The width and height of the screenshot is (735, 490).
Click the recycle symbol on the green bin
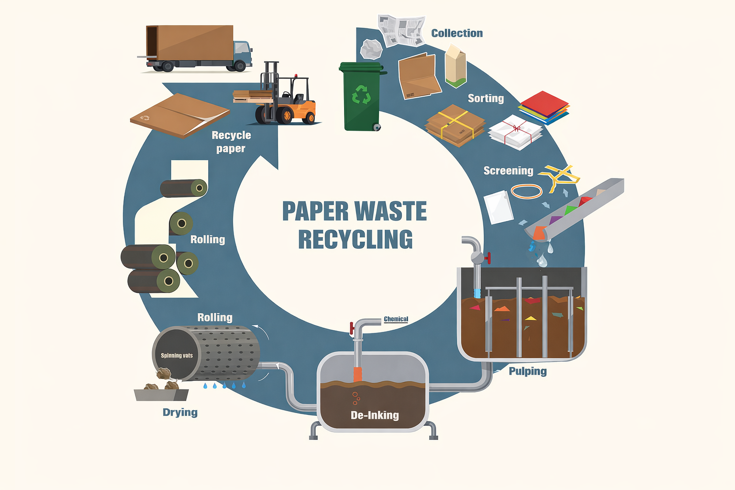(361, 94)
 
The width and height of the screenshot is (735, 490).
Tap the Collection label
(457, 33)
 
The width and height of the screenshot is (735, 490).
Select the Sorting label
(486, 98)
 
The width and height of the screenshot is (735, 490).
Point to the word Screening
(508, 171)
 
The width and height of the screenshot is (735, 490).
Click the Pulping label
(527, 371)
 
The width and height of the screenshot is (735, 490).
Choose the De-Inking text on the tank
(375, 415)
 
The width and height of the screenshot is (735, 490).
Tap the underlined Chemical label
(396, 319)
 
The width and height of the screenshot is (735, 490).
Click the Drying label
(180, 412)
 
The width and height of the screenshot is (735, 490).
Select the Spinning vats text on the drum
(177, 356)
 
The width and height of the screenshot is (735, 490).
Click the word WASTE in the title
(390, 211)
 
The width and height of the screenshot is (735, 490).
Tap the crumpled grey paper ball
(371, 49)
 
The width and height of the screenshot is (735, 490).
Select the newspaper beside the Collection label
(401, 30)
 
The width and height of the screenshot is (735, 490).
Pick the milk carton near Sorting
(456, 66)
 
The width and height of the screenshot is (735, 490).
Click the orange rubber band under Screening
(526, 191)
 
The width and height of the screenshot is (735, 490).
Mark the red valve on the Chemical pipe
(352, 329)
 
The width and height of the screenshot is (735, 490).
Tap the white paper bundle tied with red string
(516, 132)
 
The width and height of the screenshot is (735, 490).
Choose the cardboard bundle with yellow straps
(455, 125)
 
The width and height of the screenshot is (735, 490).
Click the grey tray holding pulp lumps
(161, 394)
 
